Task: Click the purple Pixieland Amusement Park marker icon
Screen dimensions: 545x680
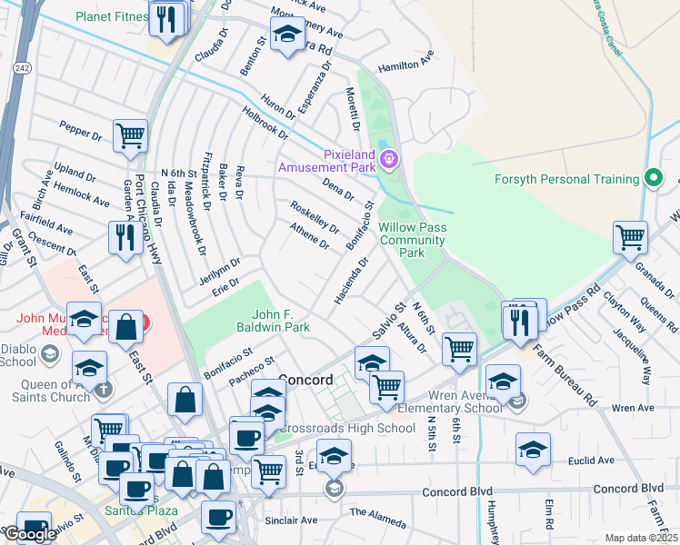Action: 389,160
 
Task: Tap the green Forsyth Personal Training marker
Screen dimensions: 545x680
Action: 652,179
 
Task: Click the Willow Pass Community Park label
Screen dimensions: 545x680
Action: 412,240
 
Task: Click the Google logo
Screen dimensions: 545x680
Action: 30,534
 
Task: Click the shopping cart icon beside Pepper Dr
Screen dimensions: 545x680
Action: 131,136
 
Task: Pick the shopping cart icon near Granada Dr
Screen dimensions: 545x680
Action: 630,237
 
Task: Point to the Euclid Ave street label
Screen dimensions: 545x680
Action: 616,461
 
